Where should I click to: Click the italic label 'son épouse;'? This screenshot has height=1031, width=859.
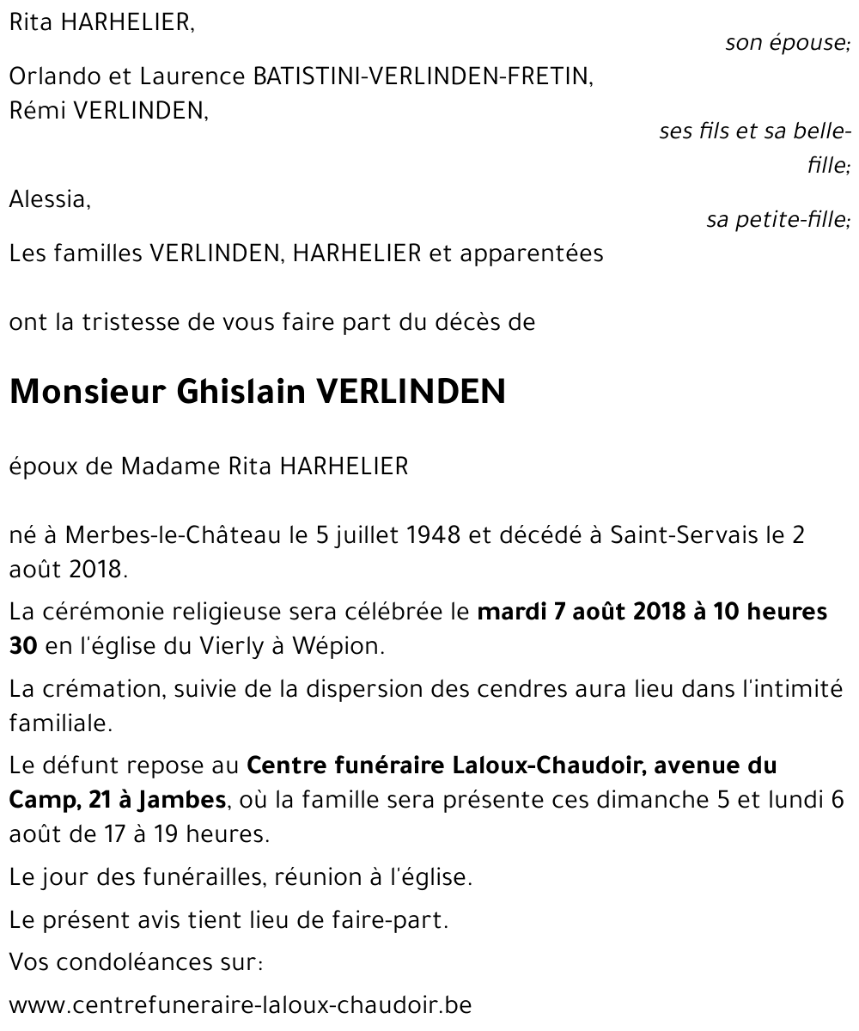tap(787, 43)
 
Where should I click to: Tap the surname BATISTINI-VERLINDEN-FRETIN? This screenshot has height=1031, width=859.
tap(421, 77)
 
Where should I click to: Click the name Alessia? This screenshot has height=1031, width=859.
tap(49, 200)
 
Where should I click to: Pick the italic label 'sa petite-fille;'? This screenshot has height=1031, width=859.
tap(777, 221)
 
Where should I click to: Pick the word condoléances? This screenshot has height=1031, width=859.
tap(136, 961)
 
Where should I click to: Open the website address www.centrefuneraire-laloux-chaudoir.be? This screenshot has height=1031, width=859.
tap(241, 1004)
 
